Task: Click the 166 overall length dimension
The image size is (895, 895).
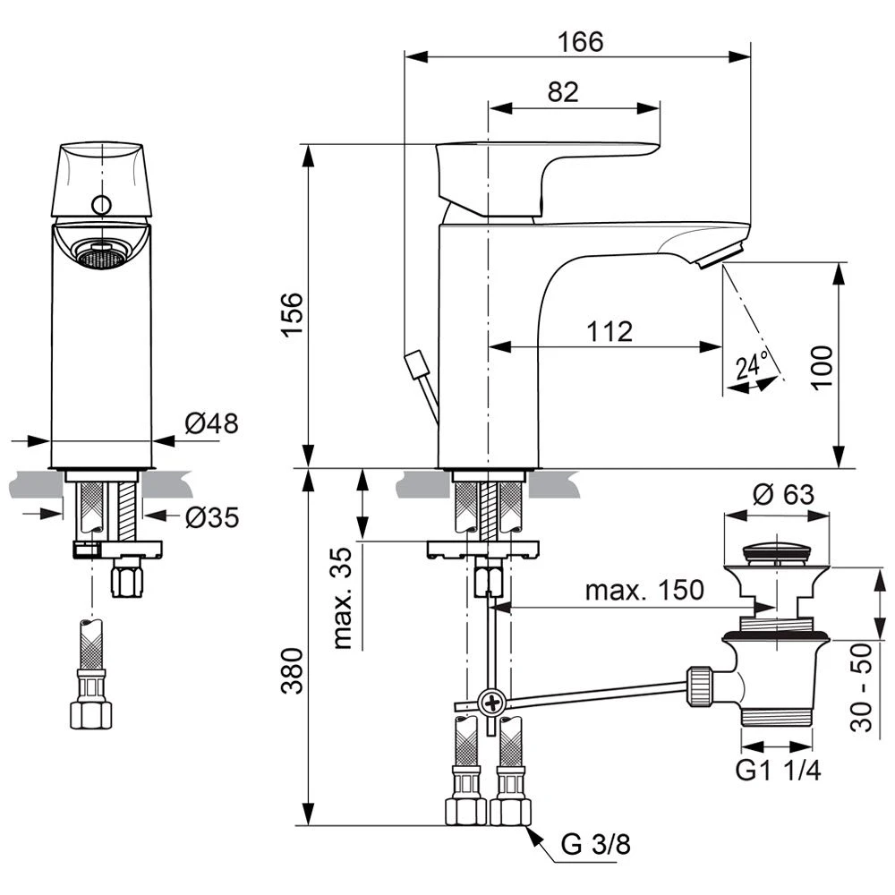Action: [x=581, y=41]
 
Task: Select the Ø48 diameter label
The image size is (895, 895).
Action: [x=212, y=422]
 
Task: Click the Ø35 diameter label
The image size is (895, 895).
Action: [x=212, y=516]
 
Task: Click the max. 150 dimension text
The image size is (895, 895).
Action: [x=644, y=591]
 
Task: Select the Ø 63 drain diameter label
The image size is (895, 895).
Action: [x=776, y=493]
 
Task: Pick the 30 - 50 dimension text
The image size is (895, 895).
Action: [x=861, y=687]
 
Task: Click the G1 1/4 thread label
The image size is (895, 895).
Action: [x=779, y=771]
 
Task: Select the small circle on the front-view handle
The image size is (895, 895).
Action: [x=102, y=205]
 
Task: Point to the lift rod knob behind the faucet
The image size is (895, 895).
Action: [x=414, y=365]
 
